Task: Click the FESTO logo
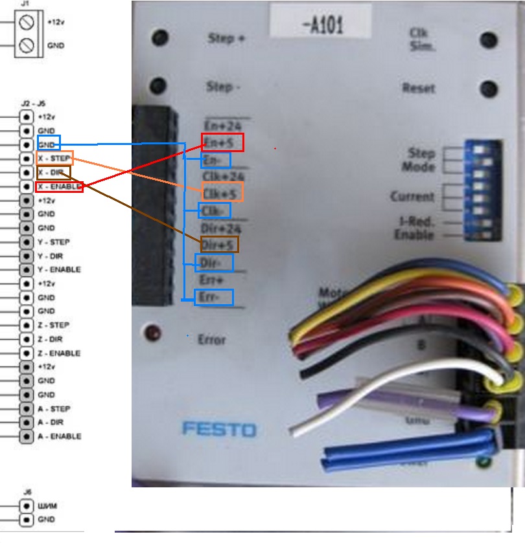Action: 219,429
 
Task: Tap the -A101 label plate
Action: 322,25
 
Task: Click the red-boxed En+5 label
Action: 222,142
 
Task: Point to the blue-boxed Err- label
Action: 214,298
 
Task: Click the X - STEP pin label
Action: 54,158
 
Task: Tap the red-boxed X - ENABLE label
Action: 59,186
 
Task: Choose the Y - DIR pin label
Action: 52,256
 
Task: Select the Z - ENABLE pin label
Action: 59,353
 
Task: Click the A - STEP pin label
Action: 54,409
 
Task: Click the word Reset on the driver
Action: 419,87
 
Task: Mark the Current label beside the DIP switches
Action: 412,196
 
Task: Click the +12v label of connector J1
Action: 56,21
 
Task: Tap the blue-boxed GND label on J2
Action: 49,144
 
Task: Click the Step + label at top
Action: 226,38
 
